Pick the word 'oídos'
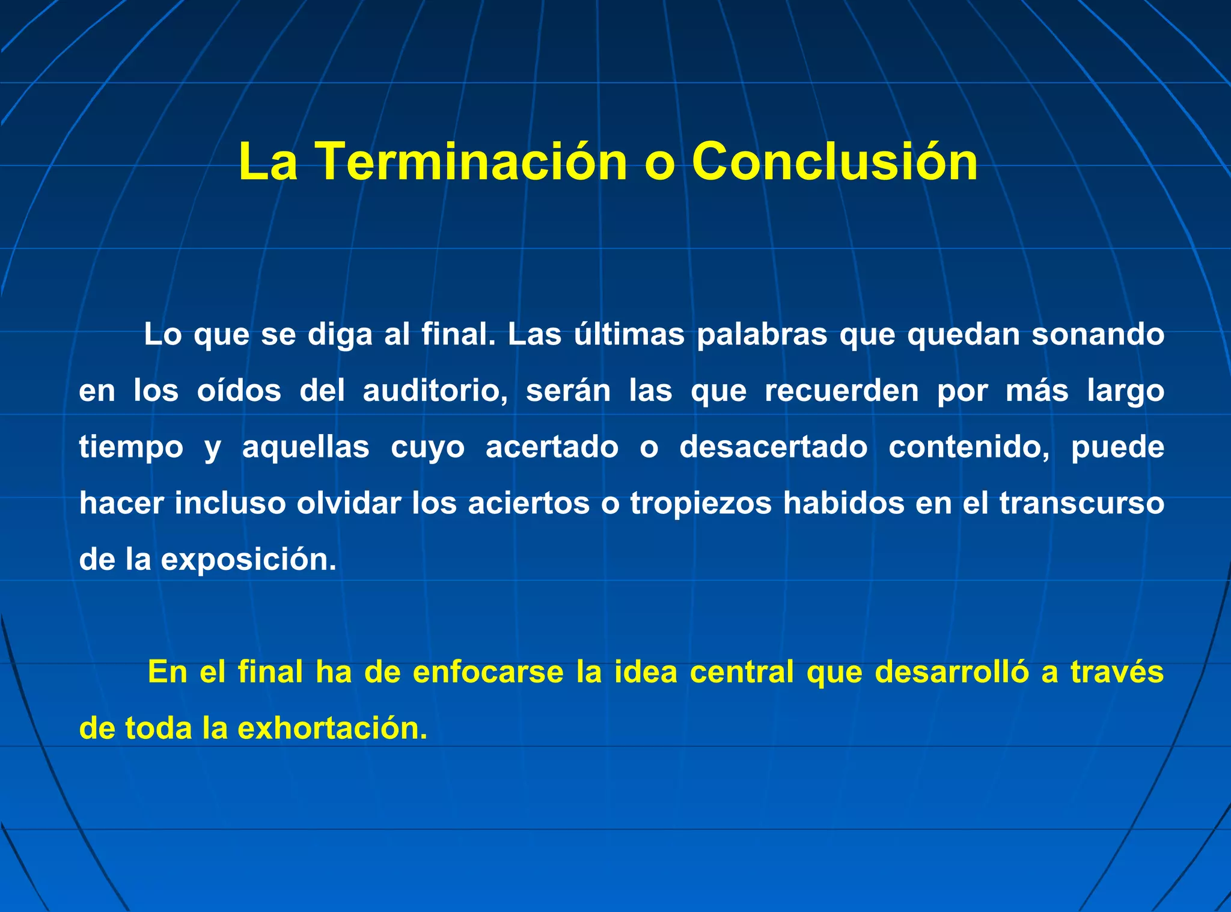(239, 391)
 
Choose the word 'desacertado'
(773, 447)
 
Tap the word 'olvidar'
(348, 503)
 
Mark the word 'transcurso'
(1081, 503)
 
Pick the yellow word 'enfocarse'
(488, 672)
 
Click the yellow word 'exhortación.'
(332, 728)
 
